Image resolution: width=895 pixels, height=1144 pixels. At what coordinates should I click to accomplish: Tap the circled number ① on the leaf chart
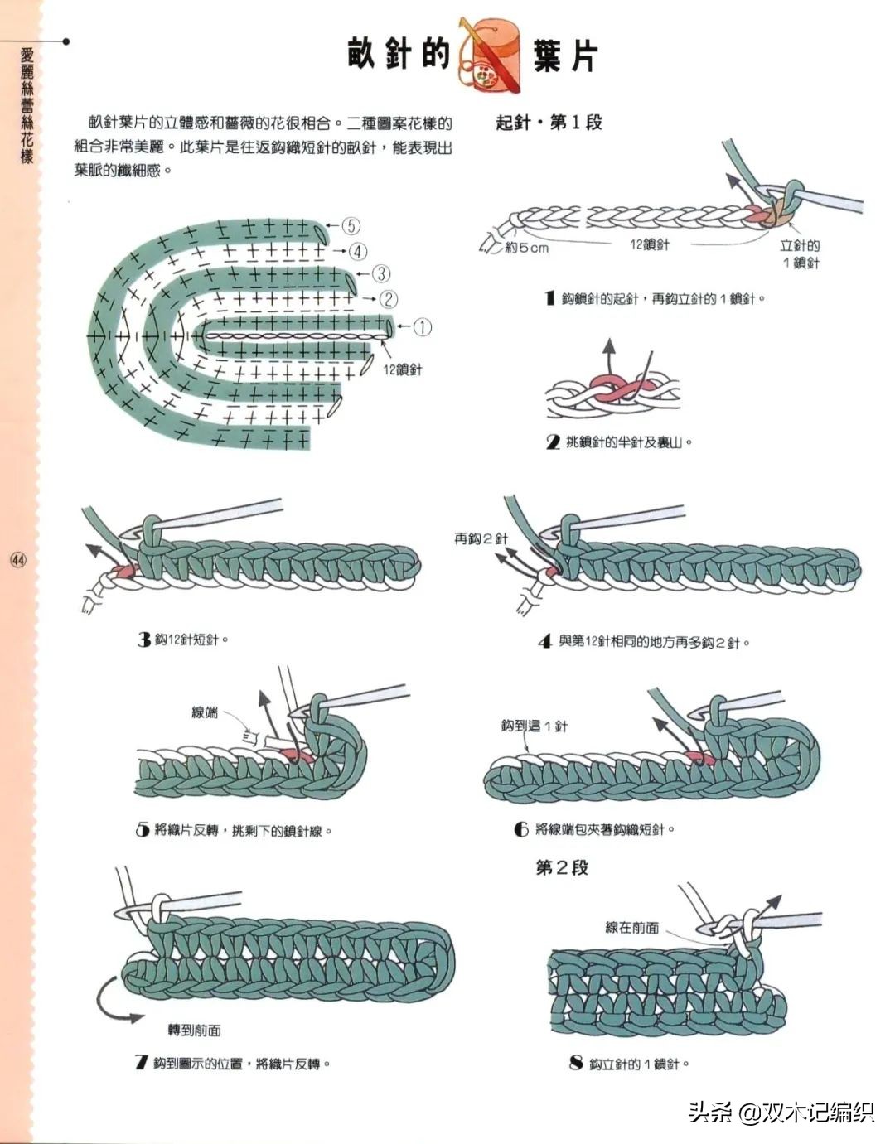pos(422,326)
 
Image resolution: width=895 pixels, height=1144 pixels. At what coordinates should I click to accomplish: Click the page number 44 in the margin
pos(18,561)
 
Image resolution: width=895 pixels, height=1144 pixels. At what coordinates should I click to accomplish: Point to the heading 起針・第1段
pos(549,123)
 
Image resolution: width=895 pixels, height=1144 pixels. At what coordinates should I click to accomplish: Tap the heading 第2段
pos(562,867)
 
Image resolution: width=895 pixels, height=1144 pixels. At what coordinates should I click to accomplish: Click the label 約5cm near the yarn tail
pos(526,248)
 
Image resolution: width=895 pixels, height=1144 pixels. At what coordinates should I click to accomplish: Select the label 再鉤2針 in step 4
pos(481,538)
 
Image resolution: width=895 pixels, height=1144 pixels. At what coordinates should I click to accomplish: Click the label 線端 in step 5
pos(205,712)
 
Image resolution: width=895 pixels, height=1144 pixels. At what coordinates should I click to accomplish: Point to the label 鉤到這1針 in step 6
pos(535,726)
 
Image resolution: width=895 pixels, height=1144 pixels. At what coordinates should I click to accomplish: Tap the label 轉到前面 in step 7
pos(194,1030)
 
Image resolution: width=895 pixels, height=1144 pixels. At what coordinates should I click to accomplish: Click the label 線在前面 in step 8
pos(632,928)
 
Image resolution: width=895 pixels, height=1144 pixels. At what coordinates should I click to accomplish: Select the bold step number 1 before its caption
pos(549,298)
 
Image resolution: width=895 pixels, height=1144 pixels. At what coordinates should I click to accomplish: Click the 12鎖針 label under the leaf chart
pos(403,369)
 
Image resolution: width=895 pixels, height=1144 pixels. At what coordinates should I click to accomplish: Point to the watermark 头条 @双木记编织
pos(781,1112)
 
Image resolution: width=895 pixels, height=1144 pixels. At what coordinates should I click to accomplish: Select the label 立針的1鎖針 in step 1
pos(801,253)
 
